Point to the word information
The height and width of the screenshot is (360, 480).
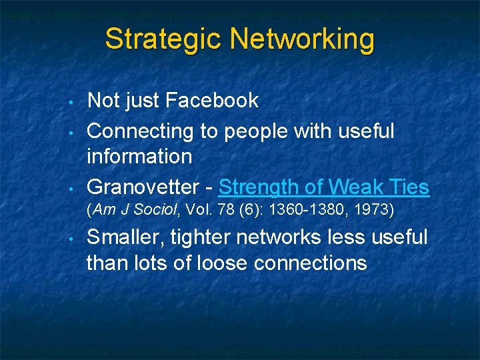pos(139,157)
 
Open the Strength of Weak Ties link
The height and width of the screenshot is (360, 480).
pos(323,187)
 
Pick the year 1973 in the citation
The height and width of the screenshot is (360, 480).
pos(378,211)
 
